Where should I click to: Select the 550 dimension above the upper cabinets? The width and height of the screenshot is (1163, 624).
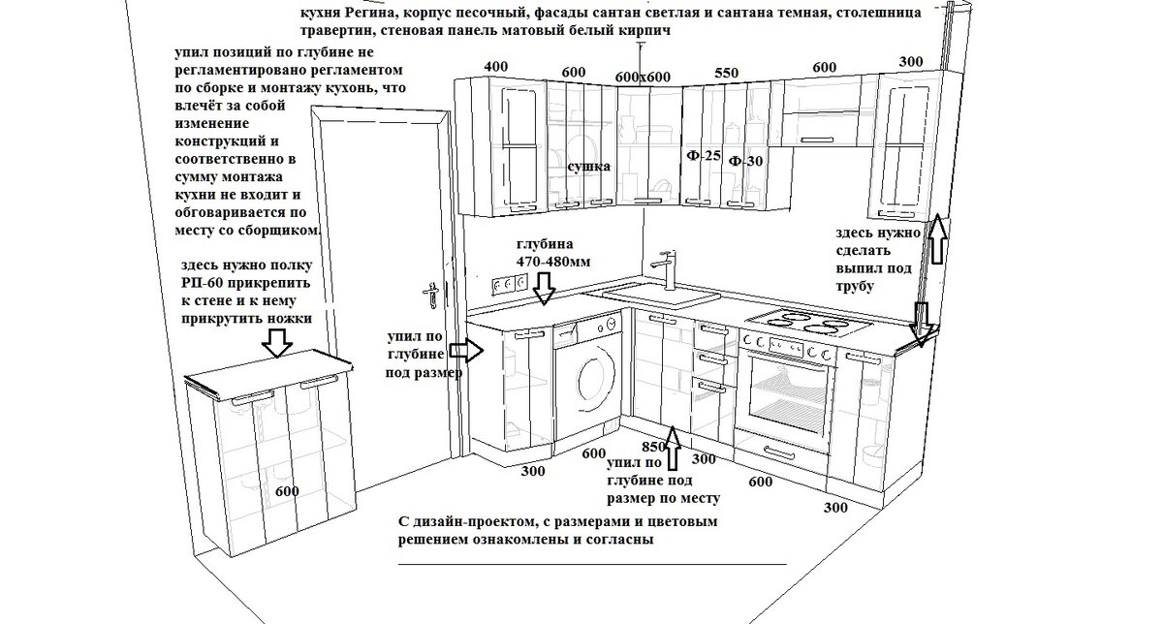pos(727,73)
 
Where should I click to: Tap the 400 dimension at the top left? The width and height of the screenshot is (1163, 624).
pos(495,67)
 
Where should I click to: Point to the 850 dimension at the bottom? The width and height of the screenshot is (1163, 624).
pos(653,448)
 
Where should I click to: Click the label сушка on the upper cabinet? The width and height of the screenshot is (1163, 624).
pos(588,167)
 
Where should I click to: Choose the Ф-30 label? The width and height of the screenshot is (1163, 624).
pos(745,161)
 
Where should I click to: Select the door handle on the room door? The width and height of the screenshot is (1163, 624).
pos(430,289)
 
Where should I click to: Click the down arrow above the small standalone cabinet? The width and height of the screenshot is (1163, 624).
pos(278,340)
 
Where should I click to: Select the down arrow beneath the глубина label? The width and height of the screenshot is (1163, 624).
pos(544,288)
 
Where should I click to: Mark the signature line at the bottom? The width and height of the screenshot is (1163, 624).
pos(592,564)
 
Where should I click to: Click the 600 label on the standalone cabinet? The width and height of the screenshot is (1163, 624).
pos(287,490)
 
